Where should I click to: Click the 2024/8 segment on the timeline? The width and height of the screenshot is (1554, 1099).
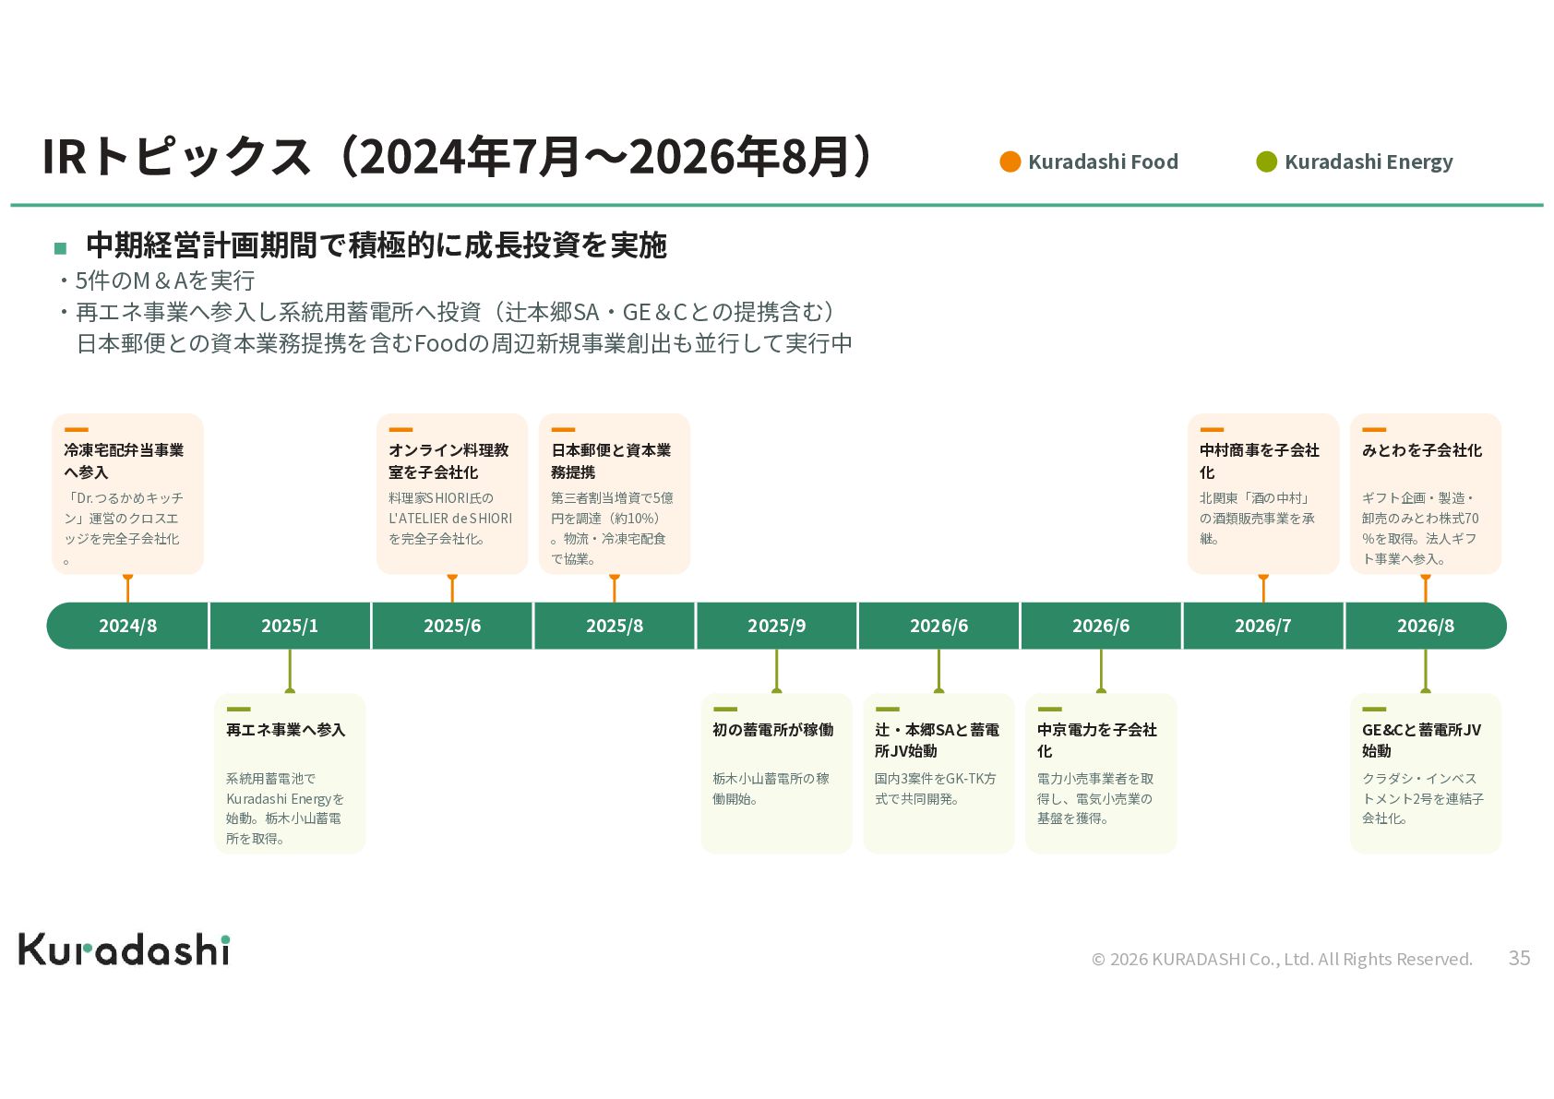pos(127,626)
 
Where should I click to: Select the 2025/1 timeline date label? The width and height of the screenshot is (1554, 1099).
pos(290,626)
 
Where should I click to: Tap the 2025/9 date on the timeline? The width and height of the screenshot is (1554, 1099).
pos(776,626)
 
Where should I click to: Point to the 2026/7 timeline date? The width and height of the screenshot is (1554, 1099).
pos(1262,626)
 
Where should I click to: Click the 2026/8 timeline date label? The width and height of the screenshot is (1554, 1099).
pos(1425,626)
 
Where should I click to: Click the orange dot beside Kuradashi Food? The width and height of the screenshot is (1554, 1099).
pos(1010,161)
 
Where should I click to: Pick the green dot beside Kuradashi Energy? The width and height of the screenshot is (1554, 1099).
pos(1267,161)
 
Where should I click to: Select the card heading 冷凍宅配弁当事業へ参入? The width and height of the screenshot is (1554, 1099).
pos(124,460)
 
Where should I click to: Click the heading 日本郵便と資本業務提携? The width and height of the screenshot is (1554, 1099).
pos(611,460)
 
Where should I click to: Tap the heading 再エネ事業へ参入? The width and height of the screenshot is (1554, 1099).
pos(285,730)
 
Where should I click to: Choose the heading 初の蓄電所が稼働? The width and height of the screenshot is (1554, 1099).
pos(772,730)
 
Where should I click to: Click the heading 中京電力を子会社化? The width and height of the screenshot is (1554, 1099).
pos(1097,740)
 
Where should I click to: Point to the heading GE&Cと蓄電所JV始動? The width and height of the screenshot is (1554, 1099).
pos(1421,740)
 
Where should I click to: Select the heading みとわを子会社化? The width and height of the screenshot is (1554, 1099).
pos(1421,450)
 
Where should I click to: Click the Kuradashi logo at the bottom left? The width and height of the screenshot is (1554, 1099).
pos(125,950)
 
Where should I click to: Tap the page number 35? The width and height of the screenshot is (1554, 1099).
pos(1519,958)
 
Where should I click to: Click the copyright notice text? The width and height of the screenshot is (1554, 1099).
pos(1282,959)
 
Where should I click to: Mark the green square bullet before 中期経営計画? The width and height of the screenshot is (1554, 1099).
pos(60,247)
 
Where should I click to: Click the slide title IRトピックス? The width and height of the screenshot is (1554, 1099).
pos(457,157)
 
